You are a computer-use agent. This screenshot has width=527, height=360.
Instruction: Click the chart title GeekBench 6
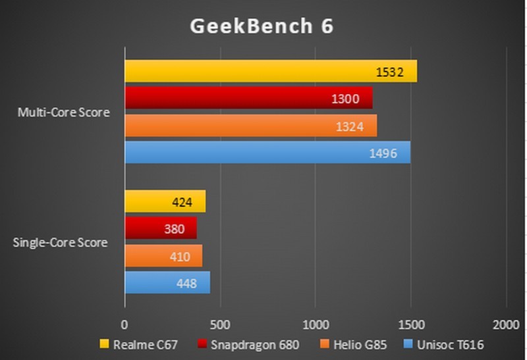pyautogui.click(x=262, y=26)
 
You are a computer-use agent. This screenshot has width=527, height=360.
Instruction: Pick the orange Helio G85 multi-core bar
pyautogui.click(x=250, y=126)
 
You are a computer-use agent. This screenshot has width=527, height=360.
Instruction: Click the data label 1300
pyautogui.click(x=346, y=99)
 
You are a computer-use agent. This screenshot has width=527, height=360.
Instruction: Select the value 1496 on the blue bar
pyautogui.click(x=383, y=153)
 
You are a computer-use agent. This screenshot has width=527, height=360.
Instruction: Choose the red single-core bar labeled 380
pyautogui.click(x=160, y=228)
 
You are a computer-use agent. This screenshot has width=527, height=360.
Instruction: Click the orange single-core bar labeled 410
pyautogui.click(x=163, y=255)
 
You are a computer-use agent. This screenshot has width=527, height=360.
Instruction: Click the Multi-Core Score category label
pyautogui.click(x=63, y=113)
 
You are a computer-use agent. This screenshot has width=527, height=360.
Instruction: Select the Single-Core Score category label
pyautogui.click(x=61, y=242)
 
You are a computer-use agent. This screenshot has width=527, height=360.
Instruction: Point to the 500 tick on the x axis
pyautogui.click(x=220, y=324)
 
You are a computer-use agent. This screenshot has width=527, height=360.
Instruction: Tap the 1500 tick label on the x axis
pyautogui.click(x=410, y=324)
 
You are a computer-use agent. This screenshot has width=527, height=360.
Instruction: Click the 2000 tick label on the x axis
pyautogui.click(x=505, y=324)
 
